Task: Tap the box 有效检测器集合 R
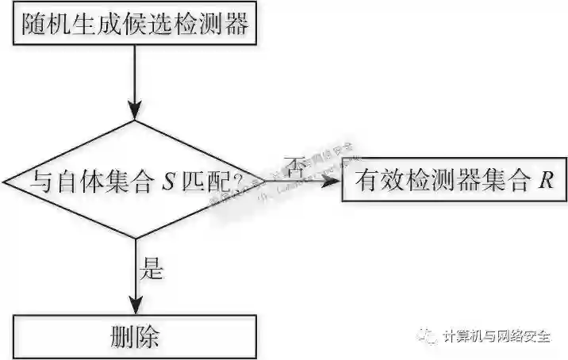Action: [453, 182]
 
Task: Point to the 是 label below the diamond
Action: [151, 270]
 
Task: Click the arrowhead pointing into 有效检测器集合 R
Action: [332, 181]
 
